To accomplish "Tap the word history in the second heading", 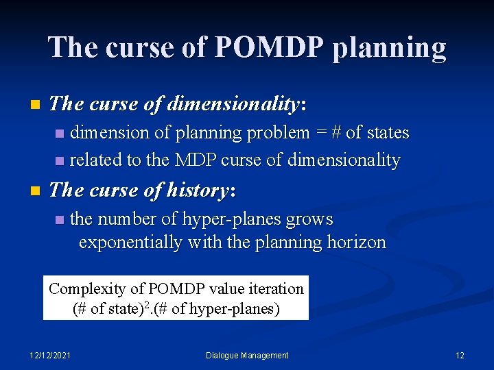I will point(195,190).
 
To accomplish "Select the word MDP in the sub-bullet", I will point(194,160).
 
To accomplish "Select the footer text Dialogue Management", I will point(247,355).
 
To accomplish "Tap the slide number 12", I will point(460,355).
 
